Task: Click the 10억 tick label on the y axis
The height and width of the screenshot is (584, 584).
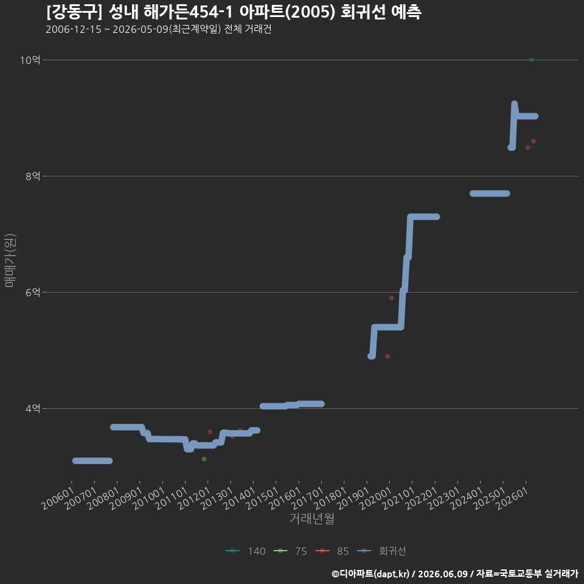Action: (x=30, y=60)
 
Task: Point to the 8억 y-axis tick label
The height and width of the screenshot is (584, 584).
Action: (x=33, y=176)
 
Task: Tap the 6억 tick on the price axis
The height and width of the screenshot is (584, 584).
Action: (x=33, y=293)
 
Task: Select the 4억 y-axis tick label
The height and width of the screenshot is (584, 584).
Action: (x=33, y=409)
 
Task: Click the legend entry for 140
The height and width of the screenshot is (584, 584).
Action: (x=245, y=551)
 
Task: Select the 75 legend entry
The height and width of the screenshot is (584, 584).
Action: (x=290, y=551)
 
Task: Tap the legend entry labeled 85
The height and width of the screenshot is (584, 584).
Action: (x=332, y=551)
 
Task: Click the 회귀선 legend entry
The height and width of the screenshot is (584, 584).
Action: (x=381, y=551)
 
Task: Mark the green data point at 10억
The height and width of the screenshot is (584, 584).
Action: (x=532, y=60)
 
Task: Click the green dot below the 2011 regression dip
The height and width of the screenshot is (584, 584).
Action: (x=204, y=459)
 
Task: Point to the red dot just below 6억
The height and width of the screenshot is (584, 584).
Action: (x=391, y=298)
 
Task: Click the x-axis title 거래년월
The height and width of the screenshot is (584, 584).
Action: (x=311, y=518)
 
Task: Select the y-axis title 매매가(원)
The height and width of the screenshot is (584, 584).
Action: (x=10, y=260)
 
